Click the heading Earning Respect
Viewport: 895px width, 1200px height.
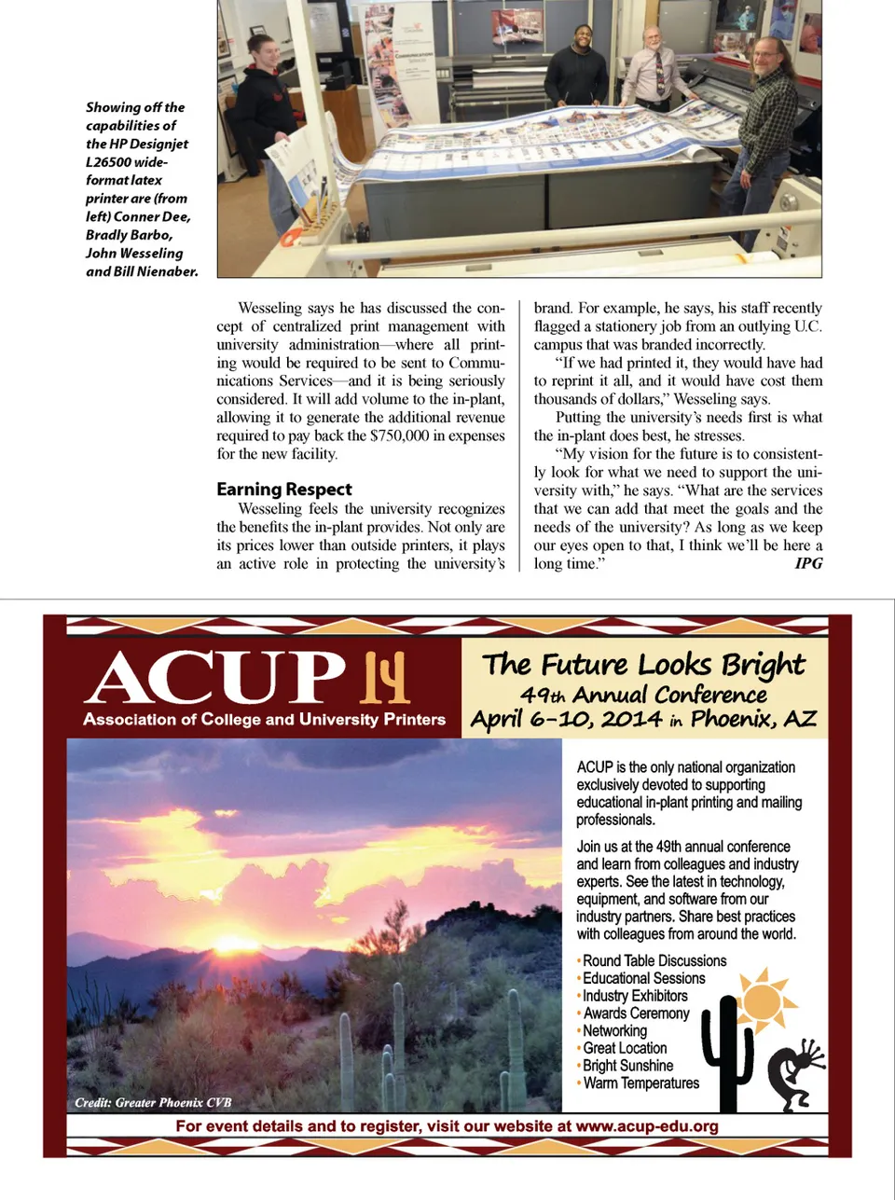click(x=284, y=490)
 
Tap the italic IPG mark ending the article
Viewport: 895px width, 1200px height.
click(x=808, y=563)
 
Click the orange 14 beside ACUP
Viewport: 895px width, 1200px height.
click(x=386, y=677)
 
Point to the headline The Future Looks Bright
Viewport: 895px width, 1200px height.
click(x=643, y=665)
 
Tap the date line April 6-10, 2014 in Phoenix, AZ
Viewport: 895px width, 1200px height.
click(x=643, y=719)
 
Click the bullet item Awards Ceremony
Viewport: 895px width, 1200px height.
click(x=636, y=1014)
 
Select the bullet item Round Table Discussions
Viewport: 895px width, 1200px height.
click(x=654, y=960)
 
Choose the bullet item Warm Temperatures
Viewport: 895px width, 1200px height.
click(x=640, y=1083)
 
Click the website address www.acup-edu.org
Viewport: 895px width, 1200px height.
click(x=647, y=1126)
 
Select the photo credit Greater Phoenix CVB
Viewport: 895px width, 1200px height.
click(x=154, y=1103)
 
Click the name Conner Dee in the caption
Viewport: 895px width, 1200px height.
click(x=152, y=216)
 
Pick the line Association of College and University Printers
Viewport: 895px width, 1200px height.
click(x=264, y=720)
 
